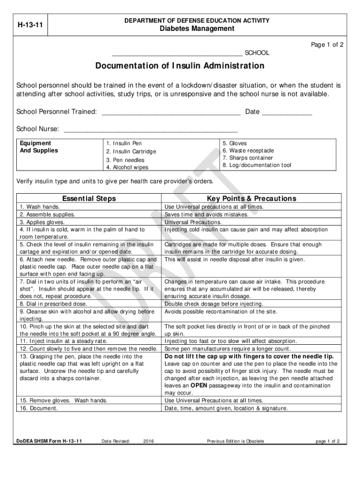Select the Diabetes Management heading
click(x=196, y=29)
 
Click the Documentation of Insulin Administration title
click(x=180, y=66)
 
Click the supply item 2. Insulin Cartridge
click(x=131, y=152)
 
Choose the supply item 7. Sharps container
click(x=248, y=158)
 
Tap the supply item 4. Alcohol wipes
click(x=127, y=167)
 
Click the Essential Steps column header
click(x=89, y=199)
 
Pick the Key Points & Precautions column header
click(x=252, y=199)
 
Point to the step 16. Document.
click(x=39, y=408)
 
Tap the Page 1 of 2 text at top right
click(x=327, y=45)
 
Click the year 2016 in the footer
click(x=149, y=441)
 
